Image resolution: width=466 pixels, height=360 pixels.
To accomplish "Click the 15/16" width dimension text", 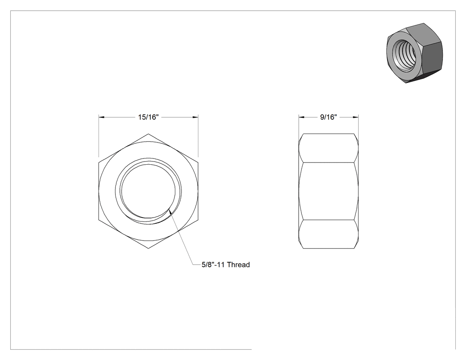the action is [x=148, y=117].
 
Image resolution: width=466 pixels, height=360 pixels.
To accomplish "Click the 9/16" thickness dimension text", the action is [x=328, y=117].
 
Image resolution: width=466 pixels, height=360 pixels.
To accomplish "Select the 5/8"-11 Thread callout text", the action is [x=225, y=265].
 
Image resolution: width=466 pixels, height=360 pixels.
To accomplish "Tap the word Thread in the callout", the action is [x=238, y=265].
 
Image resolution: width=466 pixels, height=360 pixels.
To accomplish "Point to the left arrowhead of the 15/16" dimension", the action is [x=102, y=117].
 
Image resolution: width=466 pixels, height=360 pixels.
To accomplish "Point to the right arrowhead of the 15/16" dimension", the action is [x=195, y=117].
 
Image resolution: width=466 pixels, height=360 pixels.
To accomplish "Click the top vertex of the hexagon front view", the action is [x=148, y=134].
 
